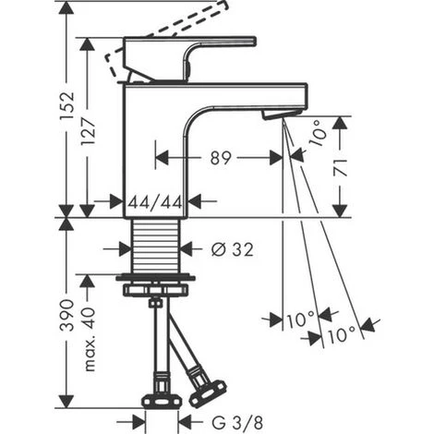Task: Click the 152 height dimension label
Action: (67, 106)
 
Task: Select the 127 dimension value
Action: (88, 132)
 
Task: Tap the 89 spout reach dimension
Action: (221, 158)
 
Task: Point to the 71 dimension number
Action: (341, 168)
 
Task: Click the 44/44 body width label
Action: (155, 202)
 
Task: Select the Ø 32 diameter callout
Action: (233, 249)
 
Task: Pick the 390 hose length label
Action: (67, 315)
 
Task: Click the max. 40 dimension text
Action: (90, 339)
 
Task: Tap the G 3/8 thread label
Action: (237, 423)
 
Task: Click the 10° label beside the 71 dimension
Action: (317, 134)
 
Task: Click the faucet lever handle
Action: (190, 59)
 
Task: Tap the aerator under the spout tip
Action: (281, 114)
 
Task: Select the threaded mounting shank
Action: (155, 246)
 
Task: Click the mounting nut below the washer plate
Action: (155, 290)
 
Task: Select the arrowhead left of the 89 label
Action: (163, 158)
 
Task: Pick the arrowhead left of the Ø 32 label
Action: (125, 248)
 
